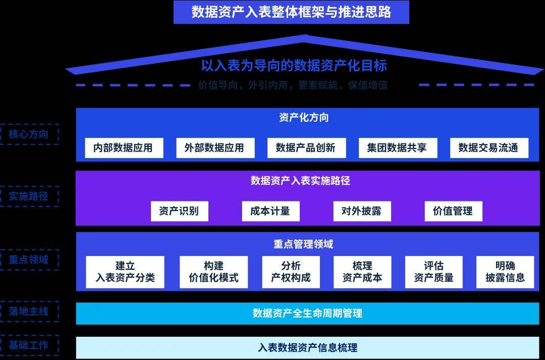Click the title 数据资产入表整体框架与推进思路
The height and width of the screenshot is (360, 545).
291,12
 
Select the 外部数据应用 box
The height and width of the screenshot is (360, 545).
214,148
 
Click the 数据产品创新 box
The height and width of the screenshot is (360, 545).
305,148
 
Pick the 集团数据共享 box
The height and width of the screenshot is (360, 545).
397,148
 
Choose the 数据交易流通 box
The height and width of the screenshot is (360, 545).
488,148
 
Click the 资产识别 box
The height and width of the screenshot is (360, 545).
179,211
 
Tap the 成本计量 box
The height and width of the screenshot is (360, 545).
270,211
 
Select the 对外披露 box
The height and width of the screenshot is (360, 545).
362,211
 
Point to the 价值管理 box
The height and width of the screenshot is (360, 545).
453,211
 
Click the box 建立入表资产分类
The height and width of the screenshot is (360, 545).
125,272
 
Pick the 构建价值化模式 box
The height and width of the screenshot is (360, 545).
213,272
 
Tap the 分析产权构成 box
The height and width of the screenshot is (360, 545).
291,272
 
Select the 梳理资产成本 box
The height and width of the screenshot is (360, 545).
362,272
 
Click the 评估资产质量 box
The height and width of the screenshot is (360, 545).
433,272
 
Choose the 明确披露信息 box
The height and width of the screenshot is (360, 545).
505,272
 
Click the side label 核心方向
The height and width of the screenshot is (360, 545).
29,134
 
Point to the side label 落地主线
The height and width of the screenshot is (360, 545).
29,312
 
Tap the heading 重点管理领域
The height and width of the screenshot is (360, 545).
303,244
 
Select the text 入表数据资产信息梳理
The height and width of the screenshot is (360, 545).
307,347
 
